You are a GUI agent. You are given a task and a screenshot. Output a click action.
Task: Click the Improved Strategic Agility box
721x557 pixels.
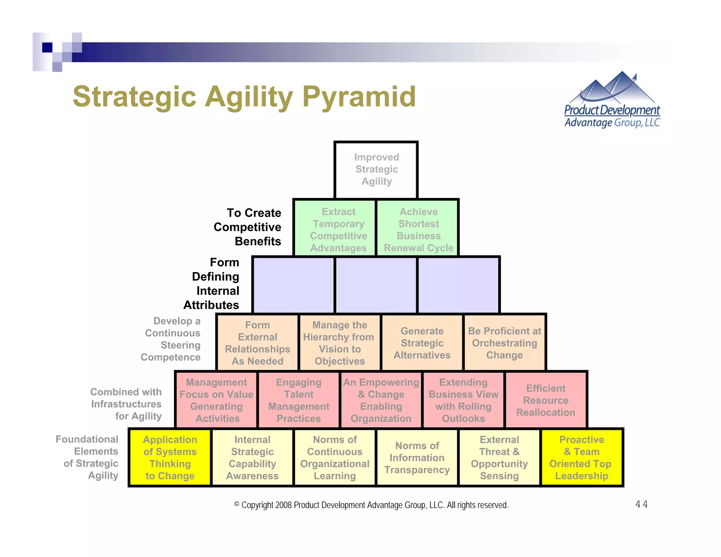click(376, 170)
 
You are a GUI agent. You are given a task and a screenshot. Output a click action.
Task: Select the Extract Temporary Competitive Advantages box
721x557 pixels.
click(335, 228)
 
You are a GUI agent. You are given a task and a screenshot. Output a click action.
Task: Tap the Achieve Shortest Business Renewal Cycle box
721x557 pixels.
click(418, 228)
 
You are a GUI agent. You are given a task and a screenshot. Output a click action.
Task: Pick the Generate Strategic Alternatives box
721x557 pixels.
click(422, 343)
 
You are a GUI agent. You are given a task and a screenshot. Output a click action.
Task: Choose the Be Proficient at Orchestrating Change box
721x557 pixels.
click(504, 343)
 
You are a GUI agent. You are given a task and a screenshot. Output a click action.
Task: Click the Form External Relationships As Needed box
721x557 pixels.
click(257, 343)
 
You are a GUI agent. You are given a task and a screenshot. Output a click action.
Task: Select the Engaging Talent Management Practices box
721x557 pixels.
click(299, 400)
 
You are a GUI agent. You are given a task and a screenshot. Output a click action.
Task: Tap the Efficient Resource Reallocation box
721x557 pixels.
click(546, 400)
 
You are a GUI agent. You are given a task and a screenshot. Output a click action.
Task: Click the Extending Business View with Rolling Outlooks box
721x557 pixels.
click(463, 400)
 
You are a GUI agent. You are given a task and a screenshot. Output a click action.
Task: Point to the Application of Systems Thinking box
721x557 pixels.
click(170, 457)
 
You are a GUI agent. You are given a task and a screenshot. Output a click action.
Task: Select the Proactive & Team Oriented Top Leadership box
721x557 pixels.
click(582, 457)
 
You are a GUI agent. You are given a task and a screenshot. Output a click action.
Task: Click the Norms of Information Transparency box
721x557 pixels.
click(417, 457)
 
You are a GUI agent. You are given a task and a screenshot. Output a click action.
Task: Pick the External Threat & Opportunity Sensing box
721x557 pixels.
click(499, 457)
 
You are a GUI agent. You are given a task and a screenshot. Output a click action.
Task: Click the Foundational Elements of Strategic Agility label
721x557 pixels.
click(88, 457)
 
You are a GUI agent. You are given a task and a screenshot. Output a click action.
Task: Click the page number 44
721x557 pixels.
click(641, 504)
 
